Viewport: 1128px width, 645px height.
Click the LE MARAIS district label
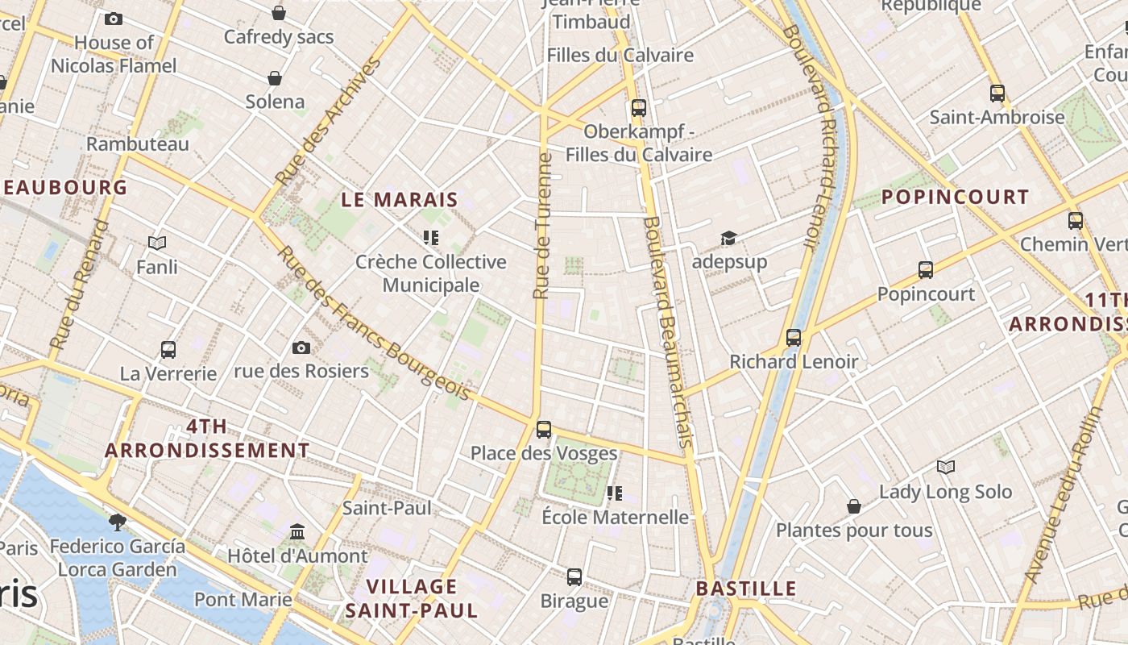coord(400,200)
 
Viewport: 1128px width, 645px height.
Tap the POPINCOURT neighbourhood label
coord(955,197)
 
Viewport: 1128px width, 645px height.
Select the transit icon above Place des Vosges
coord(544,429)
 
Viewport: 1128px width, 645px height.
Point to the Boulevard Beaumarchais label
coord(669,331)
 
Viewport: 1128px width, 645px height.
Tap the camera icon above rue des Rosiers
coord(301,347)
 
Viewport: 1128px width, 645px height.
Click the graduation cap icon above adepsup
coord(728,238)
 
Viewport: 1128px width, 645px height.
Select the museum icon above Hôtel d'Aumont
coord(297,531)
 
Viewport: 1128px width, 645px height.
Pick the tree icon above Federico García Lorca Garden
coord(118,522)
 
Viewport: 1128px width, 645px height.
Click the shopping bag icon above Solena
coord(275,78)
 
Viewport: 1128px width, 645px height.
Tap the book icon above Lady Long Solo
coord(946,467)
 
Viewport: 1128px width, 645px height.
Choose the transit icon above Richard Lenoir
coord(794,337)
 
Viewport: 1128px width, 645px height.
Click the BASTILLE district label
coord(746,589)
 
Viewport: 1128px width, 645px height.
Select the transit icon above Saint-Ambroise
coord(997,93)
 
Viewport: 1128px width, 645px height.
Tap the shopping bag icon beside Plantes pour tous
coord(854,506)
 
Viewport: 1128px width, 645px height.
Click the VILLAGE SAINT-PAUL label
coord(412,597)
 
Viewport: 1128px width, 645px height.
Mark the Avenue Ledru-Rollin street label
coord(1064,496)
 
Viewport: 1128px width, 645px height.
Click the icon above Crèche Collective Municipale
coord(431,238)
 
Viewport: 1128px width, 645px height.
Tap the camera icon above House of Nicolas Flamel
coord(114,19)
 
